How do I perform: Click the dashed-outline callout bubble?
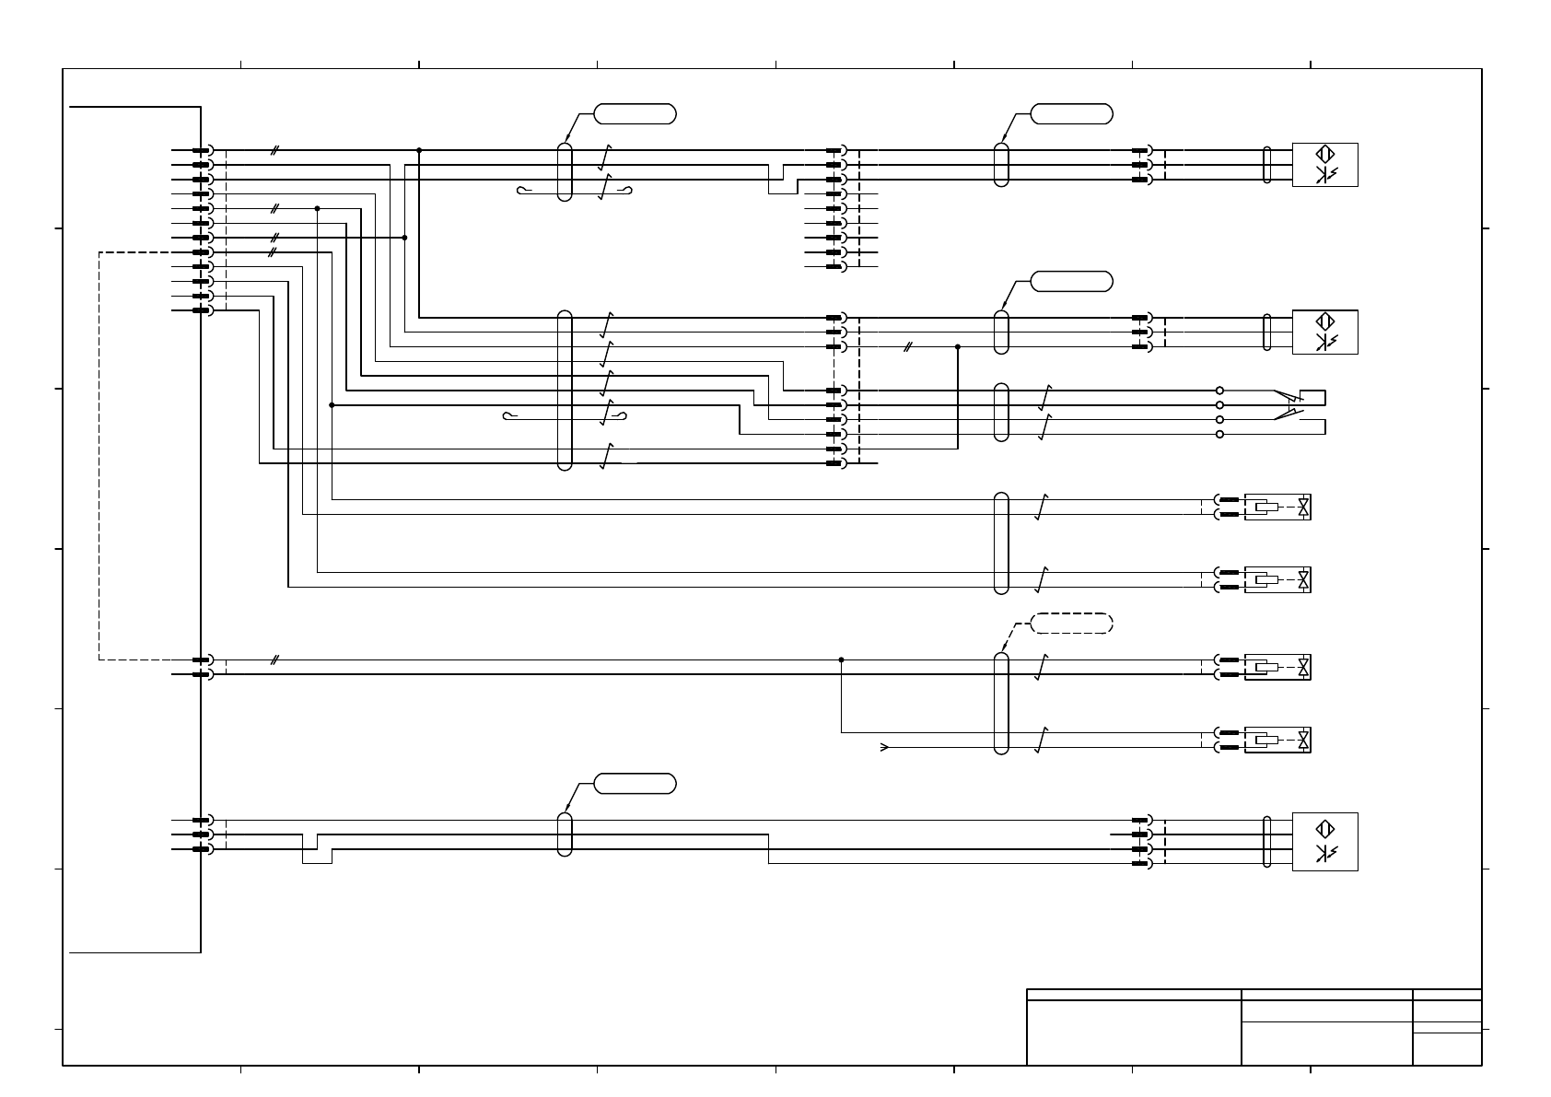tap(1071, 623)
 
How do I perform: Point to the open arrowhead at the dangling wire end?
tap(885, 748)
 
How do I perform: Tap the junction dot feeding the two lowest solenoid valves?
tap(841, 659)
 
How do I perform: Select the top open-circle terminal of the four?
tap(1219, 391)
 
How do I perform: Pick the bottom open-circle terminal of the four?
tap(1219, 434)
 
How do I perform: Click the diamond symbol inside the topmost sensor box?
tap(1325, 155)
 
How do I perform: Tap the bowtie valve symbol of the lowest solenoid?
tap(1303, 741)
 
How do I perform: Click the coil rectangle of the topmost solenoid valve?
tap(1267, 507)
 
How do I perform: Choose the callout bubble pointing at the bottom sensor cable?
tap(635, 784)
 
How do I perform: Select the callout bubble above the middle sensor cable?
tap(1071, 281)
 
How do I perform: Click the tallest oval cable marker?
tap(565, 391)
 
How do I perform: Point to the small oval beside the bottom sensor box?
tap(1267, 842)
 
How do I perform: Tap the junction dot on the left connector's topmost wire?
tap(419, 150)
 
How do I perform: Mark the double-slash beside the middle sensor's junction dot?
tap(907, 347)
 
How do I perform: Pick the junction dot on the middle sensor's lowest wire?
tap(958, 347)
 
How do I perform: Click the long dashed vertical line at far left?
tap(99, 456)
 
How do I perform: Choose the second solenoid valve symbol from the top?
tap(1277, 580)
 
